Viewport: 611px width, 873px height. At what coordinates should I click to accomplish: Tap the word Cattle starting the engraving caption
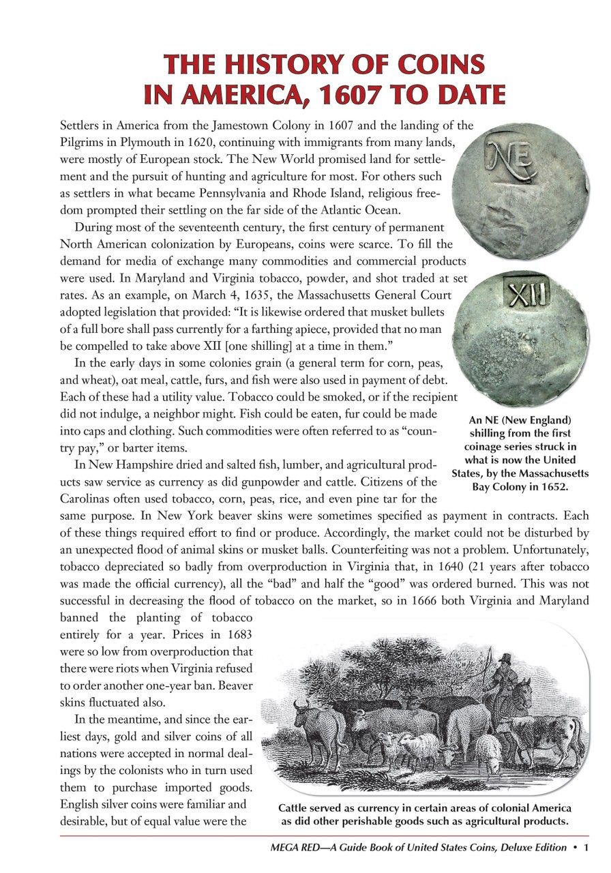pyautogui.click(x=294, y=808)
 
